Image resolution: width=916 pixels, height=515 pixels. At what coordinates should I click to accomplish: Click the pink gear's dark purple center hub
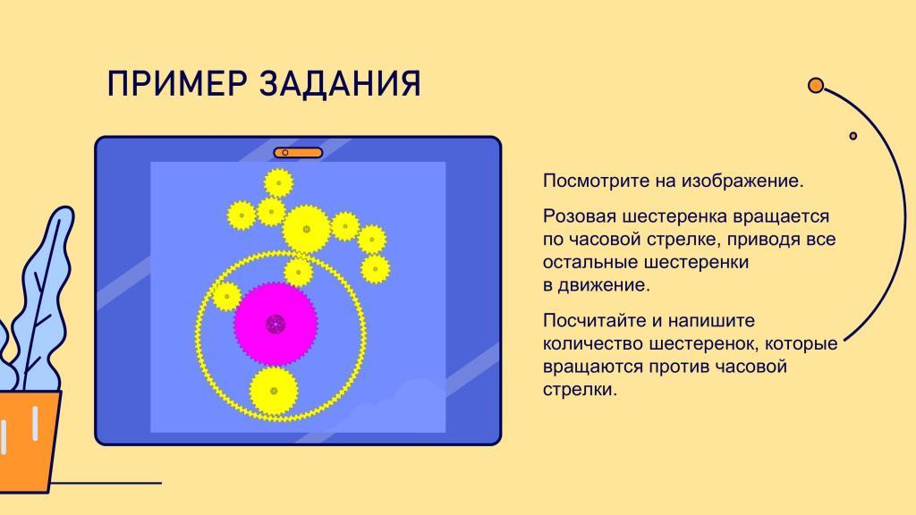pos(276,324)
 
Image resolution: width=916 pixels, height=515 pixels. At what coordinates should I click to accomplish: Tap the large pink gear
pos(276,324)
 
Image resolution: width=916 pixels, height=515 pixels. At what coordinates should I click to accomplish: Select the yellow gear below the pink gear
pos(274,391)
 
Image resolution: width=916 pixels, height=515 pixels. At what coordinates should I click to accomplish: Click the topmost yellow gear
pos(278,183)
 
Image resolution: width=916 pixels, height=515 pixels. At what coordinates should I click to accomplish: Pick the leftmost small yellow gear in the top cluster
pos(242,215)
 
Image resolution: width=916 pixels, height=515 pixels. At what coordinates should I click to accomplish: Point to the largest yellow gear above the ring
pos(306,229)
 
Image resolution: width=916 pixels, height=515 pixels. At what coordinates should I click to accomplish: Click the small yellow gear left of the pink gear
pos(226,297)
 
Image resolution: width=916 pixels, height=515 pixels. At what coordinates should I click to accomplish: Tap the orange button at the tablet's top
pos(298,153)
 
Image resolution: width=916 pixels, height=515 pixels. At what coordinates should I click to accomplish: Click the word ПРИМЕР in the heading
pos(177,83)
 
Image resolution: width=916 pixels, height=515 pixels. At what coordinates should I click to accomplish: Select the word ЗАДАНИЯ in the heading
pos(340,83)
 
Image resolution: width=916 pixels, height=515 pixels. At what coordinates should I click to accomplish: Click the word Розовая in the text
pos(579,216)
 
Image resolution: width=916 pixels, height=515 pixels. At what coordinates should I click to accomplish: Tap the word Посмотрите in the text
pos(596,181)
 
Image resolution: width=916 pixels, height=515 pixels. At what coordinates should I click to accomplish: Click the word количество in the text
pos(593,343)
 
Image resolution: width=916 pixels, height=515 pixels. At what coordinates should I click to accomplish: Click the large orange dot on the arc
pos(816,86)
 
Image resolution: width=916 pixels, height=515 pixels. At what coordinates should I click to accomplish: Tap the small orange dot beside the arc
pos(852,136)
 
